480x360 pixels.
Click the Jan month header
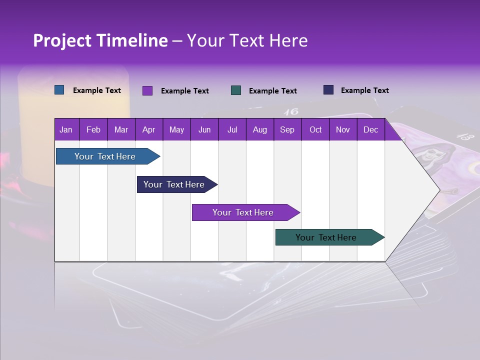(x=66, y=129)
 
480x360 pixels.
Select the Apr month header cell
(x=148, y=129)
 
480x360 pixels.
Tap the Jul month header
(x=232, y=129)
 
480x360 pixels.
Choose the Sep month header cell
(x=287, y=129)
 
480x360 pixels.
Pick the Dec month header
(x=370, y=129)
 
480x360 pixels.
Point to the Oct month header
(x=315, y=129)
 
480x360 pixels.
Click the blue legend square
(x=59, y=90)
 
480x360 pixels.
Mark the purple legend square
(x=147, y=90)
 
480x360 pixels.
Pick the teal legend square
(x=236, y=90)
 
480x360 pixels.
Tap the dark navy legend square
(x=328, y=90)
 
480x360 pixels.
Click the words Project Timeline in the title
(x=100, y=40)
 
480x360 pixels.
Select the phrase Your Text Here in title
(x=247, y=40)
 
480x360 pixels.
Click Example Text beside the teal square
(x=272, y=91)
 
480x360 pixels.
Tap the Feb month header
(x=93, y=129)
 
